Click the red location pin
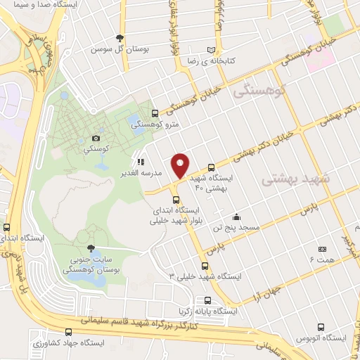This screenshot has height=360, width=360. coord(181,165)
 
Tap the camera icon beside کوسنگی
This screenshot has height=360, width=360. coord(96,139)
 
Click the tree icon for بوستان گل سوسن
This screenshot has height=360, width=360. coord(120,38)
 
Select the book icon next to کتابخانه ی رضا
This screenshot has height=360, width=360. coord(212,49)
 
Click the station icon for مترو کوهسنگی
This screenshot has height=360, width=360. coord(155,112)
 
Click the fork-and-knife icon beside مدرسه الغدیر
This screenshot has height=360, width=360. coord(141,162)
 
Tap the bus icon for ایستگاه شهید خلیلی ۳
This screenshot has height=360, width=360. coord(205,266)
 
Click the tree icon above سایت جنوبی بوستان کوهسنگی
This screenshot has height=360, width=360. coord(89,247)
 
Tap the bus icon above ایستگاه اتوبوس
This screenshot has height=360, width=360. coord(321,328)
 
